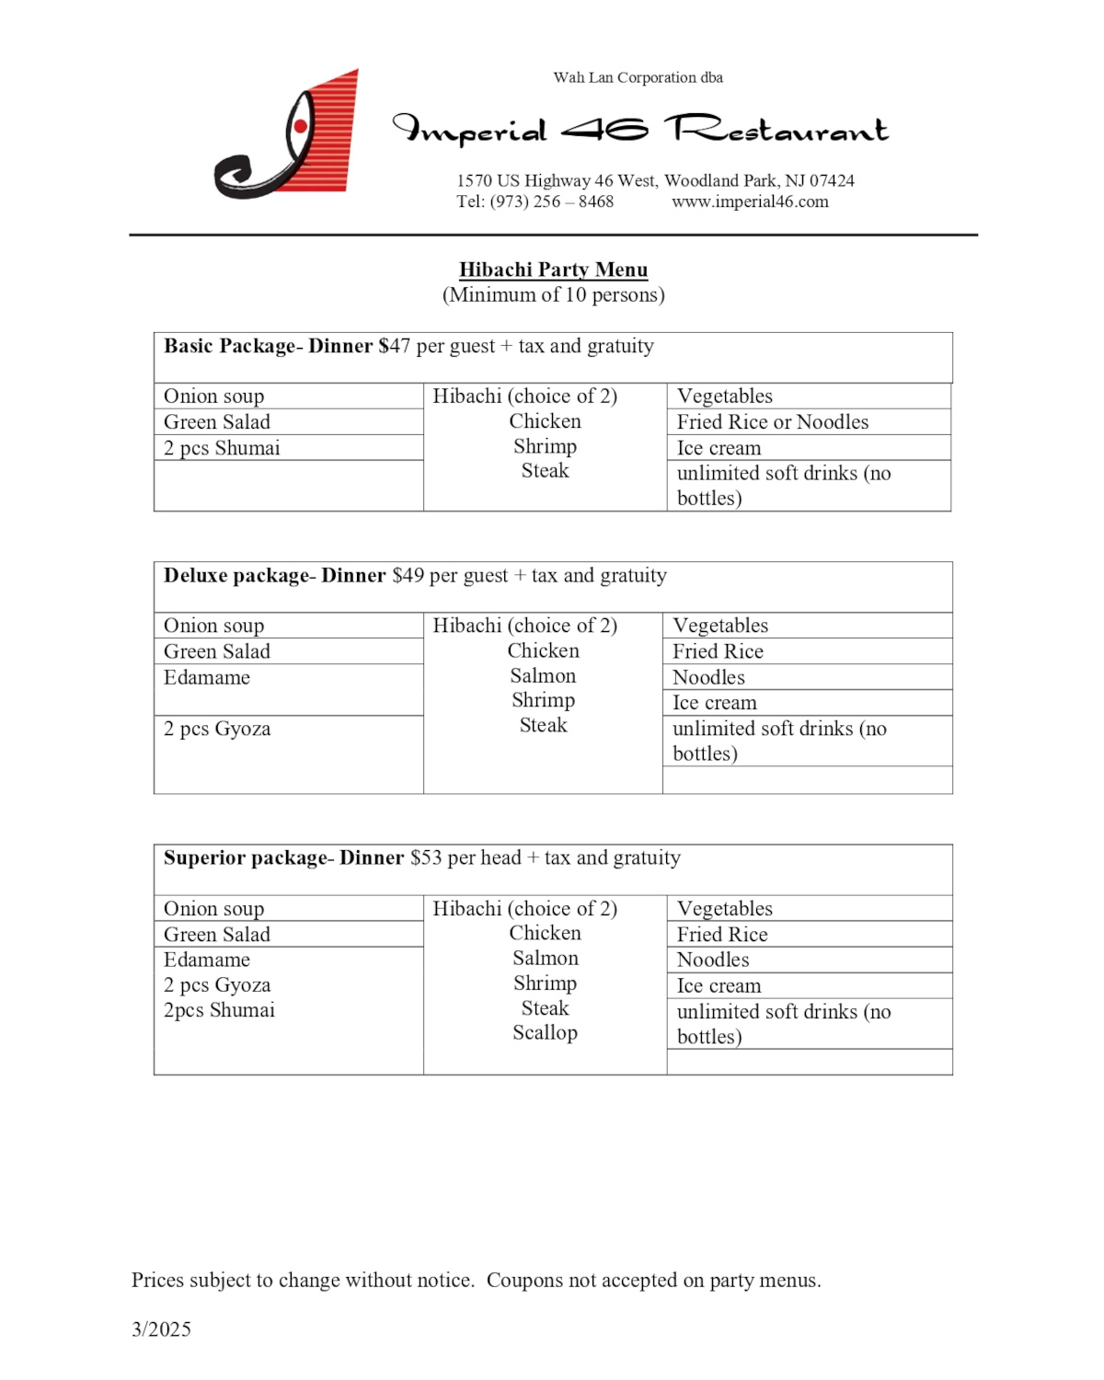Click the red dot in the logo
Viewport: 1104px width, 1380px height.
click(300, 126)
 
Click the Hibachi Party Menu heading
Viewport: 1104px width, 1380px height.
click(553, 270)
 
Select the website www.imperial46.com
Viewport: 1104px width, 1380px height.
click(750, 201)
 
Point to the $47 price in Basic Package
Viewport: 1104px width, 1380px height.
click(395, 346)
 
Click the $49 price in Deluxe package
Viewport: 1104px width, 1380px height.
click(408, 576)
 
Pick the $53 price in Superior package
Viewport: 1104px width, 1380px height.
click(426, 858)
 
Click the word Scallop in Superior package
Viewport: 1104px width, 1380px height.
click(545, 1033)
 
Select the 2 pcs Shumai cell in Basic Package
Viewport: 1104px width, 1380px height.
click(222, 448)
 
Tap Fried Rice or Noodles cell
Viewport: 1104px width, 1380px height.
click(772, 422)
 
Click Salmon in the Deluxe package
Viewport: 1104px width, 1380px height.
click(543, 676)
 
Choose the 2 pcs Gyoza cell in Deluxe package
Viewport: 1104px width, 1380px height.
click(217, 729)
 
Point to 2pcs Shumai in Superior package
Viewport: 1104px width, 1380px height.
click(219, 1010)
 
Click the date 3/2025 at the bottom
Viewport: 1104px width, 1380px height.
click(161, 1329)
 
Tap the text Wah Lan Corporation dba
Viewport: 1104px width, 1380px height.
click(638, 77)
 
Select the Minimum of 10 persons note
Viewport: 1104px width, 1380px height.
click(553, 295)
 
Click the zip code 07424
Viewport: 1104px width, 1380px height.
click(832, 180)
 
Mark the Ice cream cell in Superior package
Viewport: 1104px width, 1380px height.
click(719, 986)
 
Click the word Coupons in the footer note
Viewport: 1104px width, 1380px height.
click(528, 1281)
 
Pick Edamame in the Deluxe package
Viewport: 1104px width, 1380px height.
click(207, 678)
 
